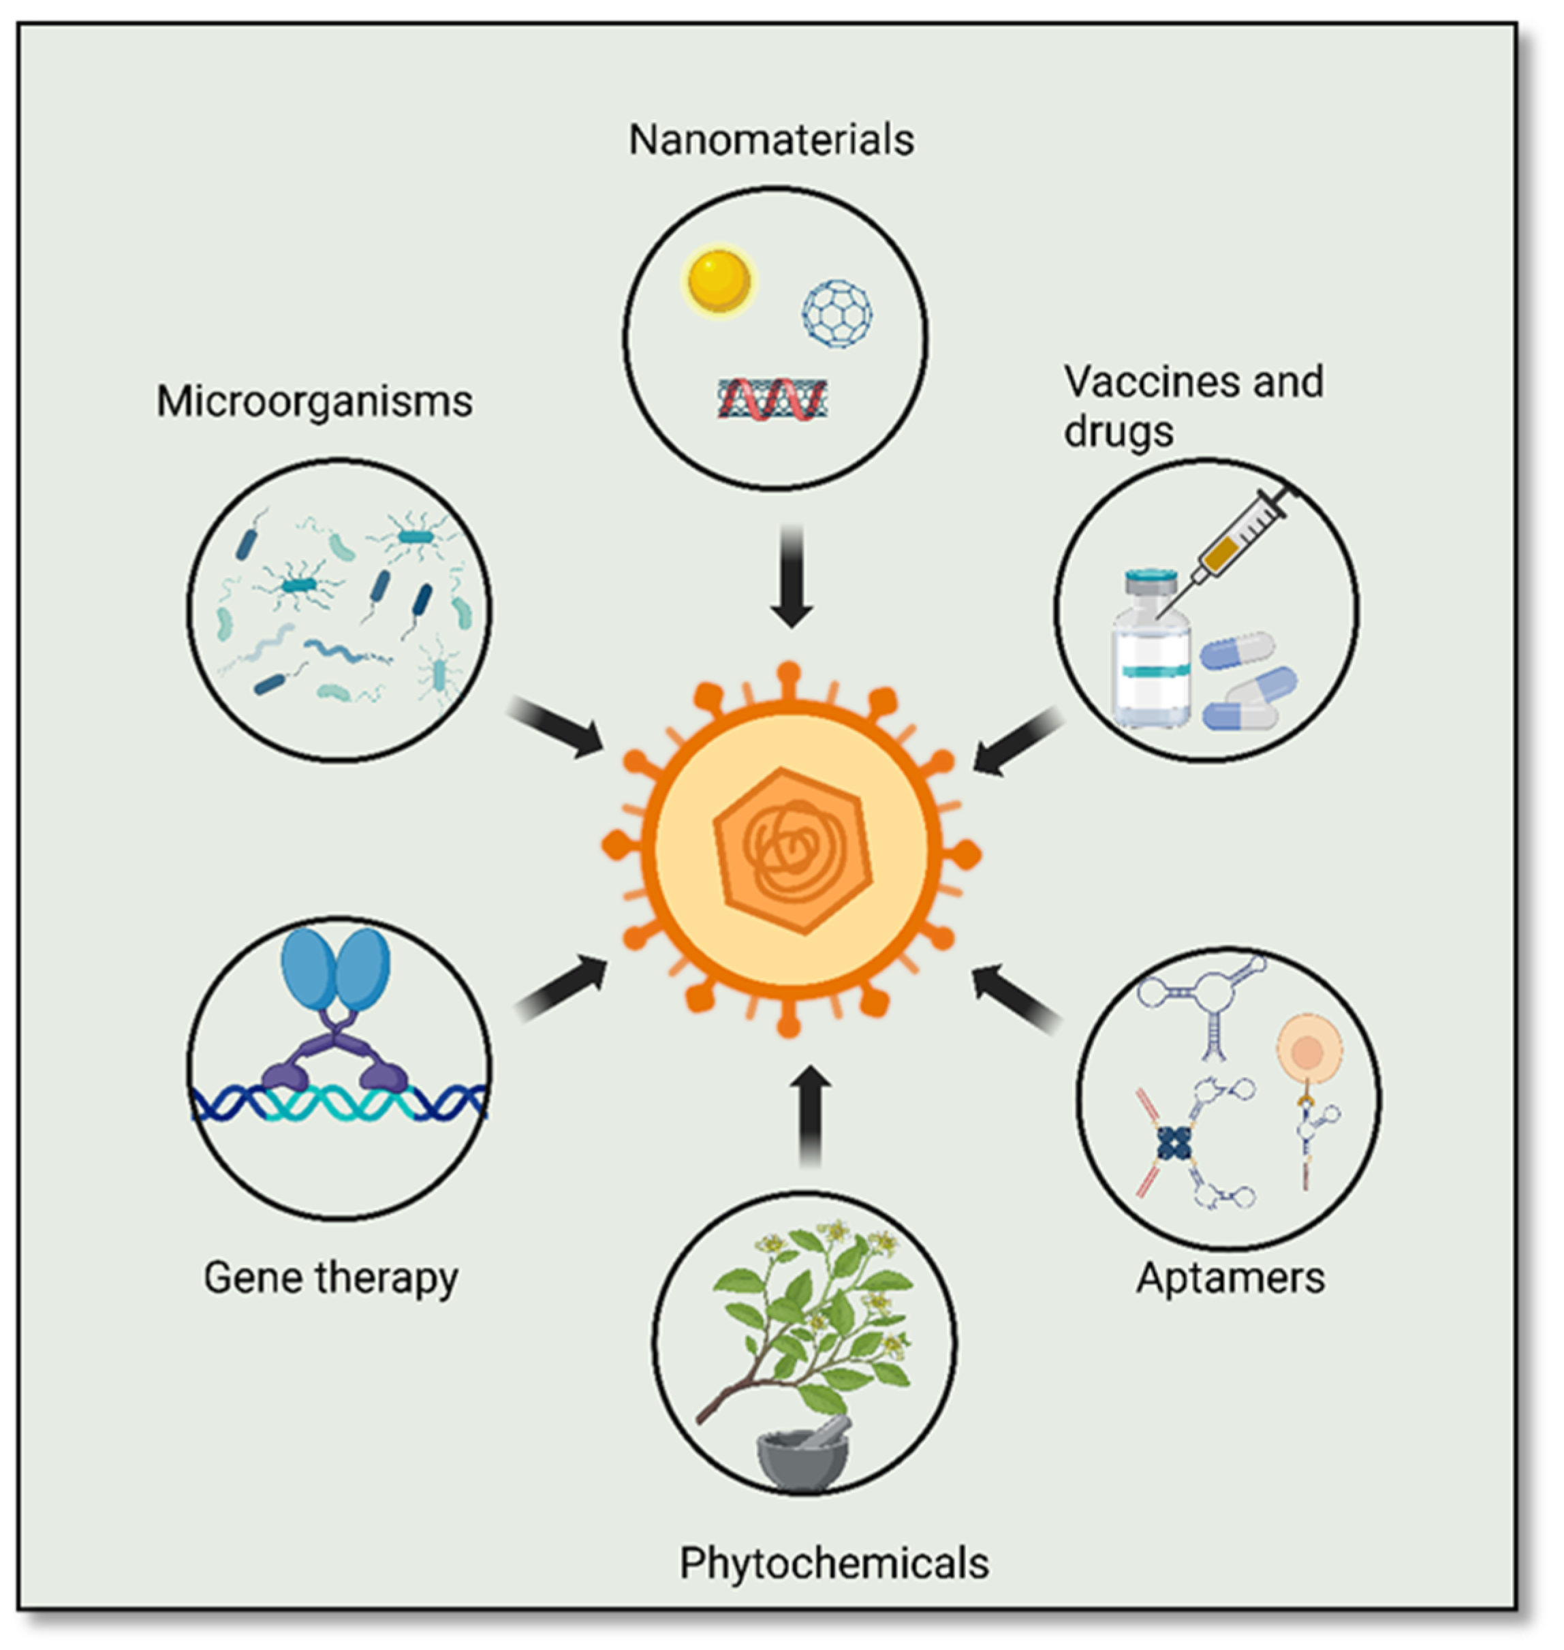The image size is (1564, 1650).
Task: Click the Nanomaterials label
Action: point(771,140)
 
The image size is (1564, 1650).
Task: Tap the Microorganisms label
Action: point(314,402)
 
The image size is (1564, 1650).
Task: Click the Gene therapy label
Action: point(331,1278)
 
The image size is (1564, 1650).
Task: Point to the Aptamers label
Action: point(1230,1278)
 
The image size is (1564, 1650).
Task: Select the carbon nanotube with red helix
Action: point(773,399)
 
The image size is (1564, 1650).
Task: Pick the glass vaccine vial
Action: point(1151,651)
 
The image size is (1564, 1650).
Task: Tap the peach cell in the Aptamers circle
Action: point(1309,1049)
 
